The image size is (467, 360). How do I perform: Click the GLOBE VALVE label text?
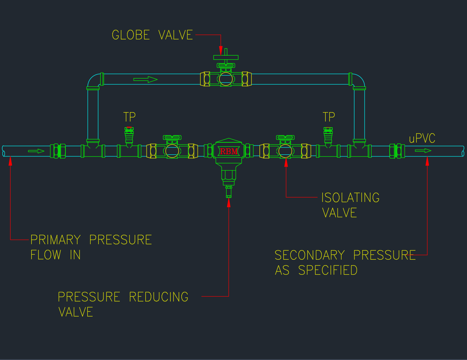(152, 35)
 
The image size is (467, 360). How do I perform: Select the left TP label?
(130, 117)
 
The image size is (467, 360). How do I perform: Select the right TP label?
(329, 117)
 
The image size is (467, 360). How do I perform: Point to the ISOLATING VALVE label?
(350, 205)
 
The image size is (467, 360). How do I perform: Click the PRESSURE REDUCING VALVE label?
(123, 304)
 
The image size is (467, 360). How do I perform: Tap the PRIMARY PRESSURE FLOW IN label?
(91, 247)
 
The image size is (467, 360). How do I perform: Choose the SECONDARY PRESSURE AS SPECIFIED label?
(345, 262)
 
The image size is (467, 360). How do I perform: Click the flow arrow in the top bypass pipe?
(145, 80)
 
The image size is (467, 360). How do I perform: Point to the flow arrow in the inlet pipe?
(36, 151)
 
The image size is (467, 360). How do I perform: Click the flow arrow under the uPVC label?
(423, 151)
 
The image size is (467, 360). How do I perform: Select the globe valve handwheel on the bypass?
(226, 58)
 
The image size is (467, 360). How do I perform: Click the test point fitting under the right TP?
(328, 137)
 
